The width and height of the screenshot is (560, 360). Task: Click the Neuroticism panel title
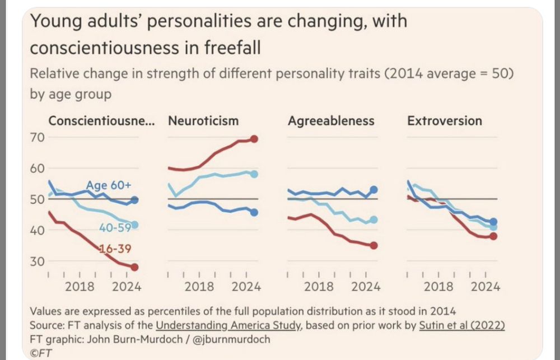pos(203,121)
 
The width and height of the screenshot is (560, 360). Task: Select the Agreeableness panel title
pos(331,121)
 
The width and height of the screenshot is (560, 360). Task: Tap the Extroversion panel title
pos(445,121)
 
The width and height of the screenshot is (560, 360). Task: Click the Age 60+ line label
pos(109,185)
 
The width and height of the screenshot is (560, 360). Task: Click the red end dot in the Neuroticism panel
pos(254,139)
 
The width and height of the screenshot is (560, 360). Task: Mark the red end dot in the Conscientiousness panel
pos(134,267)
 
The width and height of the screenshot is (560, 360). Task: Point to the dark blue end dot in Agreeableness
pos(374,190)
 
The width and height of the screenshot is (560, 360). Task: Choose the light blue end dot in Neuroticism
pos(254,174)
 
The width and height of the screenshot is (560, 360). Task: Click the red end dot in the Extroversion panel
pos(493,236)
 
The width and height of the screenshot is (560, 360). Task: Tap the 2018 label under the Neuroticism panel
pos(199,287)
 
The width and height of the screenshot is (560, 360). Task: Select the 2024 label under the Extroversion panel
pos(485,287)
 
